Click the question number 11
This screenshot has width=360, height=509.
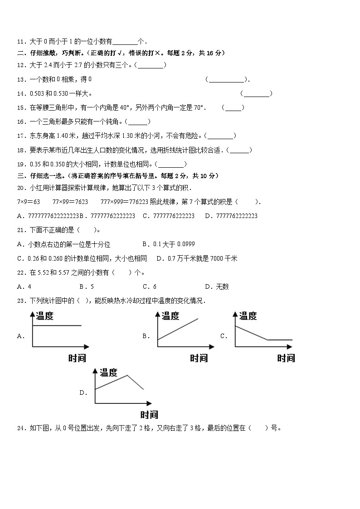pos(20,41)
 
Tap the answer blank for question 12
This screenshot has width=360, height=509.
pos(151,65)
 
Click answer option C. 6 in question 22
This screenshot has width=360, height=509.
pos(149,286)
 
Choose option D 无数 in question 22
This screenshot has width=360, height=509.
pos(217,286)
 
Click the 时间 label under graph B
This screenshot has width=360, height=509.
pos(199,359)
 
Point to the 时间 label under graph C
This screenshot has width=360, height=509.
pos(286,359)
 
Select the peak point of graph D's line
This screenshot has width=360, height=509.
pos(127,375)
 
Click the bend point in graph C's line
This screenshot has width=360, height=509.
pos(267,339)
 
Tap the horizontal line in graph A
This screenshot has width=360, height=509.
pos(57,325)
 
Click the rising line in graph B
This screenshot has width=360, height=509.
pos(178,329)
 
